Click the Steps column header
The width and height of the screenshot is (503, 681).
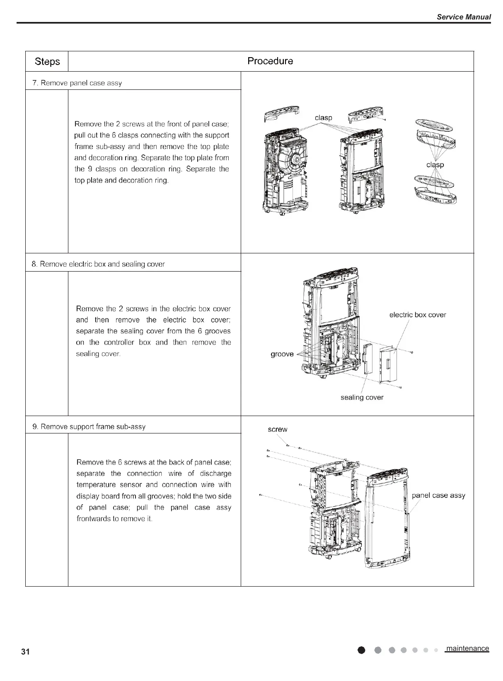click(47, 62)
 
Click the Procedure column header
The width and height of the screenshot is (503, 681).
click(270, 61)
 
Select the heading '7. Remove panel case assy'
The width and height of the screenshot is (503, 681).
click(77, 83)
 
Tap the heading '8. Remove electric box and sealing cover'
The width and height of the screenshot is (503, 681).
click(98, 264)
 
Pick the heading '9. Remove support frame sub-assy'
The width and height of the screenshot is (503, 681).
click(89, 426)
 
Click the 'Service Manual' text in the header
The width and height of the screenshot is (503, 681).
click(464, 17)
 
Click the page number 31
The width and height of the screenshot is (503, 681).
click(26, 652)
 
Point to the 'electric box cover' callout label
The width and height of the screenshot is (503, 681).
click(418, 315)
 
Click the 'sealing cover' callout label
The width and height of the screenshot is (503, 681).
click(362, 397)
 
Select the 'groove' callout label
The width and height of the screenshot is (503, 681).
click(282, 354)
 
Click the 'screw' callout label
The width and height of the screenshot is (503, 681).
click(278, 429)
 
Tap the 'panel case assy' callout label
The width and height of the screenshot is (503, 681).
click(438, 496)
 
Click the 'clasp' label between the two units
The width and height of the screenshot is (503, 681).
click(323, 118)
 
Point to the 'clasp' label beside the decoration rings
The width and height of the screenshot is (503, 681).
click(435, 165)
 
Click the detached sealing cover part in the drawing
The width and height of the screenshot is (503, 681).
click(368, 359)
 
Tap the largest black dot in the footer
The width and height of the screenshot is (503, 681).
click(362, 651)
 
